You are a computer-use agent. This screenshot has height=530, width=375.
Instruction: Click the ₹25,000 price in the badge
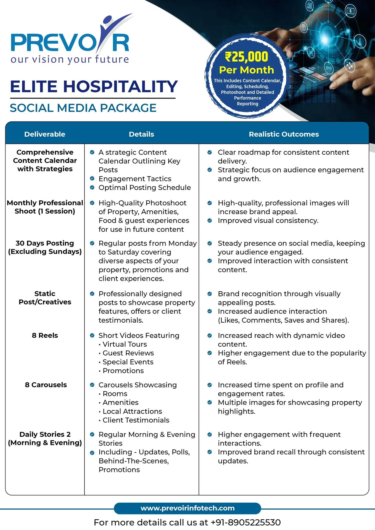[247, 57]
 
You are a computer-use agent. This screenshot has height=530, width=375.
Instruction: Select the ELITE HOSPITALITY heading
[94, 86]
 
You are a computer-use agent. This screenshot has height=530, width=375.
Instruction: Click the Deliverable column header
[45, 134]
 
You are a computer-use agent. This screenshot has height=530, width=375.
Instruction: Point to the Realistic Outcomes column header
[284, 134]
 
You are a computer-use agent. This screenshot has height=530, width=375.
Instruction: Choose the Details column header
[141, 134]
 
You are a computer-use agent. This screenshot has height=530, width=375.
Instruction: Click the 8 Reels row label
[45, 335]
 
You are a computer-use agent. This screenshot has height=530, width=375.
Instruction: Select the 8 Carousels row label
[46, 385]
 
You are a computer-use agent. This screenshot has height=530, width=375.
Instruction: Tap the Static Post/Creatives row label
[45, 298]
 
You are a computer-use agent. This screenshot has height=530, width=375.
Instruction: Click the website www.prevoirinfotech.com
[187, 508]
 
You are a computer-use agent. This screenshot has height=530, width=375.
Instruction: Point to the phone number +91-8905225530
[245, 523]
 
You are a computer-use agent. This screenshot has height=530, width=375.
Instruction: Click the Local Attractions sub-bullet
[132, 411]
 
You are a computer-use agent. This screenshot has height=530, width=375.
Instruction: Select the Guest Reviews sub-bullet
[128, 353]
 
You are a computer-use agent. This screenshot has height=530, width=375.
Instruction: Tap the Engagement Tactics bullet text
[135, 179]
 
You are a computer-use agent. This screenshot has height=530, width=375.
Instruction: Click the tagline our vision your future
[70, 60]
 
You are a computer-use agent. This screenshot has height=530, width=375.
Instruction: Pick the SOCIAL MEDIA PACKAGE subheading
[83, 108]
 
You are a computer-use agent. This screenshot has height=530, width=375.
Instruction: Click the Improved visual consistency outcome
[268, 221]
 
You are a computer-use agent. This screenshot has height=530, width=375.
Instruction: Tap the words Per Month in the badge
[246, 70]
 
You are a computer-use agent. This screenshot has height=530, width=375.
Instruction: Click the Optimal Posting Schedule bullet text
[144, 188]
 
